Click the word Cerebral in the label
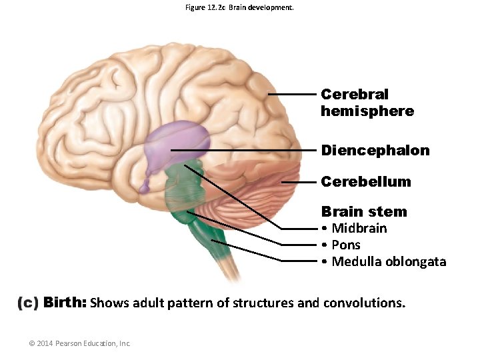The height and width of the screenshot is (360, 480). (354, 95)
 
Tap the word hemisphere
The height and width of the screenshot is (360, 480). (367, 111)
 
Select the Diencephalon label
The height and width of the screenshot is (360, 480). (375, 150)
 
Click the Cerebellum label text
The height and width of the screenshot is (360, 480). (365, 181)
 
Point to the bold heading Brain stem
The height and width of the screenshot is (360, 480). (363, 212)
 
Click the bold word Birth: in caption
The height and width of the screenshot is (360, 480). (65, 303)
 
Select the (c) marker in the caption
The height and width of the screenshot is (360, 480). (27, 303)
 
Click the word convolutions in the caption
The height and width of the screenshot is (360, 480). (363, 303)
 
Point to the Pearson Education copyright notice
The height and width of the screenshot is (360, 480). (80, 343)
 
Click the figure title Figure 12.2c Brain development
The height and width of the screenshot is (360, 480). (239, 9)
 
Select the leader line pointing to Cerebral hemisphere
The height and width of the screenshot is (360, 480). (293, 95)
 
